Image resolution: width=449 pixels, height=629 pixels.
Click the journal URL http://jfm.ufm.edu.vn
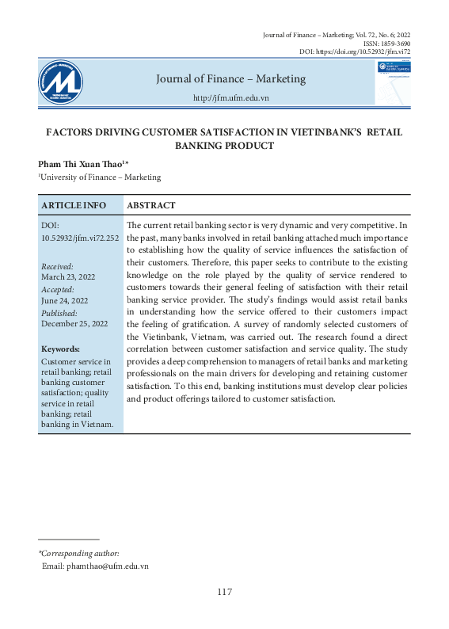(x=231, y=97)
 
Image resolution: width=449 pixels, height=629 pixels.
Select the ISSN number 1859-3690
(x=394, y=44)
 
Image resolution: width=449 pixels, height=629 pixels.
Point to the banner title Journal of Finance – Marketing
(x=230, y=78)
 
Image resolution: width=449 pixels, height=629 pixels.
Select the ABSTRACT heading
(x=151, y=204)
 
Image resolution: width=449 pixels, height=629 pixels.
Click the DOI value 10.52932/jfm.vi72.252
(x=80, y=237)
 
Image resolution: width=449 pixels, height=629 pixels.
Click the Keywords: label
(x=60, y=349)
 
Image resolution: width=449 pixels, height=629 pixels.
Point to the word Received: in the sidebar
(x=57, y=267)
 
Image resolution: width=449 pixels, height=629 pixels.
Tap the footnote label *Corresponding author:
(x=78, y=553)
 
